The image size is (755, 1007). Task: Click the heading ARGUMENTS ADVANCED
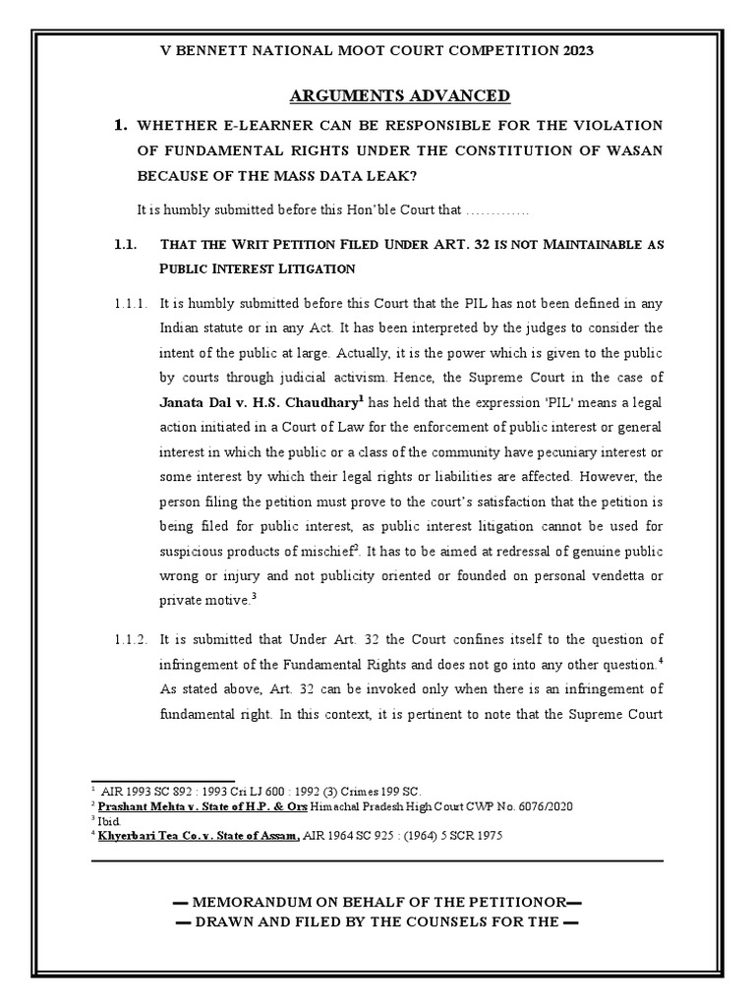click(400, 95)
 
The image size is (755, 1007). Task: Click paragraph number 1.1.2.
click(125, 640)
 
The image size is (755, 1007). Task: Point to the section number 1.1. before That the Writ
click(124, 243)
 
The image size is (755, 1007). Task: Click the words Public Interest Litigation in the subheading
click(257, 267)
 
